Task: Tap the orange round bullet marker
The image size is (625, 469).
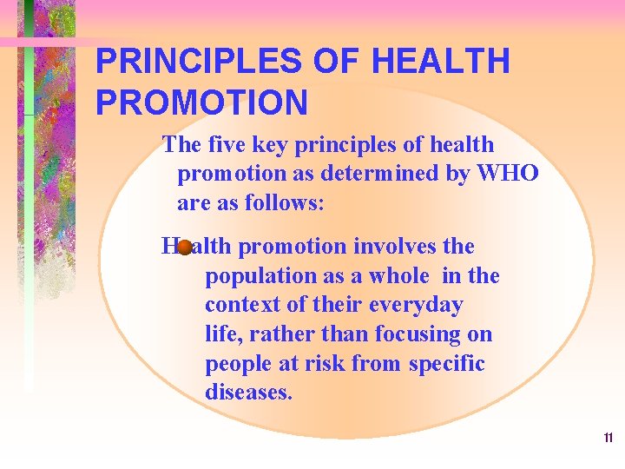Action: (184, 248)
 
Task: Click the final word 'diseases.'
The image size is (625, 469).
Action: (249, 392)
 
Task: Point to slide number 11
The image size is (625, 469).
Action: (609, 439)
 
